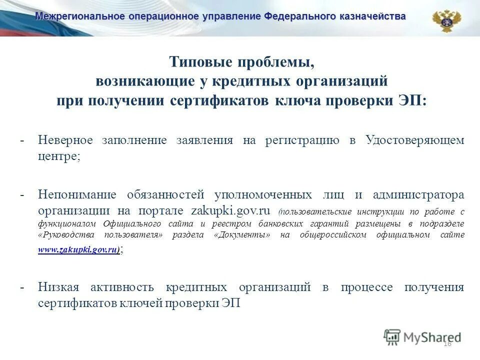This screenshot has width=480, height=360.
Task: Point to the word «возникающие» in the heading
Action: (135, 81)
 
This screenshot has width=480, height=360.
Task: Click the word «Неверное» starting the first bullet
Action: (65, 140)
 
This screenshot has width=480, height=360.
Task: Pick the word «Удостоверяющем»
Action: (414, 140)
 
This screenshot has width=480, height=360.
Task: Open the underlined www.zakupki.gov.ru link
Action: (78, 249)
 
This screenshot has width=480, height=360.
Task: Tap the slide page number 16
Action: (447, 343)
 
